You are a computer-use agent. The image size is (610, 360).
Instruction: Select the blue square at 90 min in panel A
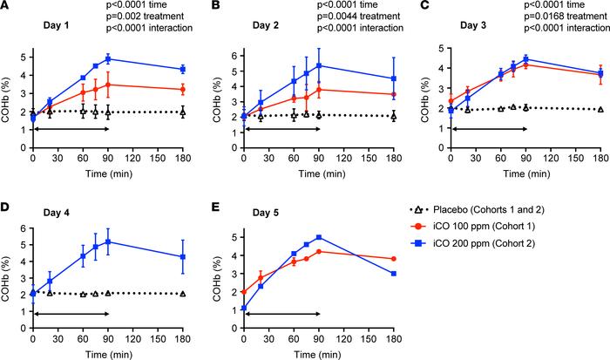pyautogui.click(x=108, y=59)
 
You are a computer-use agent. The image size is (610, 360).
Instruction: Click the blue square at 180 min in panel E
pyautogui.click(x=394, y=274)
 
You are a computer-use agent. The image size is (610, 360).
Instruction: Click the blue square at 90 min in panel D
pyautogui.click(x=108, y=241)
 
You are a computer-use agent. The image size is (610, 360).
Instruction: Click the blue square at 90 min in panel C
pyautogui.click(x=525, y=59)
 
